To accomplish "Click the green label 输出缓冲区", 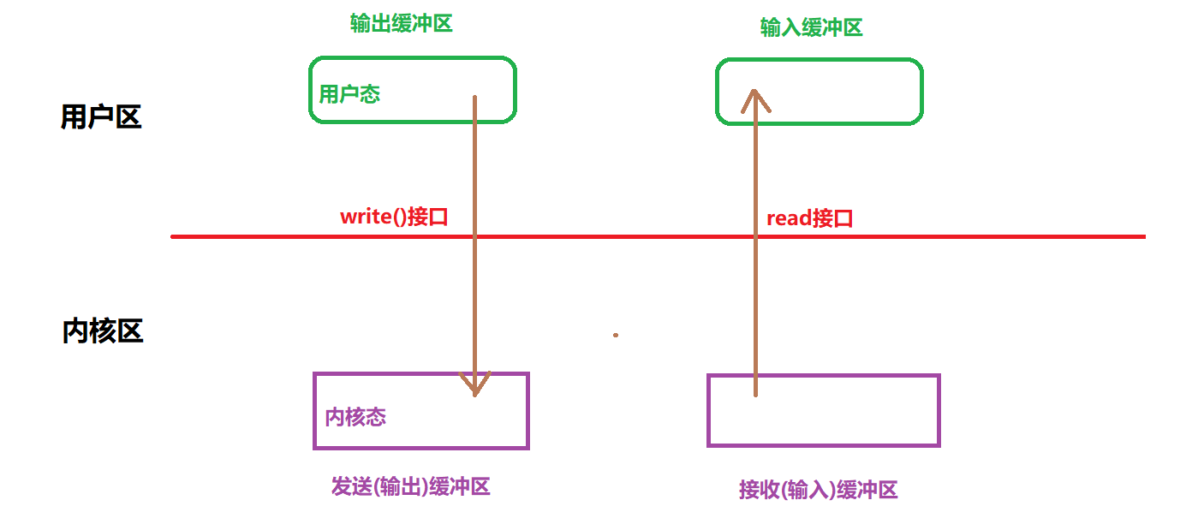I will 401,23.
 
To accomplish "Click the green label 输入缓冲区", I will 811,27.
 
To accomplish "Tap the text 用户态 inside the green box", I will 349,94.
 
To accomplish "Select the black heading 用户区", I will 101,117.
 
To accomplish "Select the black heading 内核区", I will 103,330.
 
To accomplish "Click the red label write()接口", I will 394,217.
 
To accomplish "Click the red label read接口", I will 809,218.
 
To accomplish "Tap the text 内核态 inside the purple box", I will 355,417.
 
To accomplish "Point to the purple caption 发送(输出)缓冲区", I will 410,487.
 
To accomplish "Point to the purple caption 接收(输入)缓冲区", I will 818,491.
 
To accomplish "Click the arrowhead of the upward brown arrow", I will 755,98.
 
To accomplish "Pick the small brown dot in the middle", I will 615,336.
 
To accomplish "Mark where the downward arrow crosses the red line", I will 475,236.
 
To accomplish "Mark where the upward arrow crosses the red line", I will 755,236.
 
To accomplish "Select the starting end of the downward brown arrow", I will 475,98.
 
